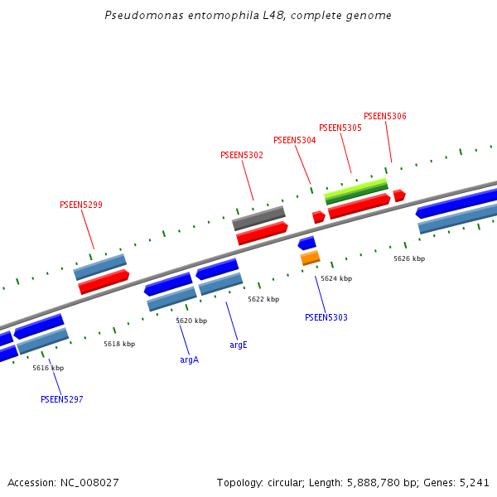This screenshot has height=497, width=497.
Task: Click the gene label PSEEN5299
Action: [81, 205]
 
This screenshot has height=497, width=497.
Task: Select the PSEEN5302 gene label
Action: [242, 155]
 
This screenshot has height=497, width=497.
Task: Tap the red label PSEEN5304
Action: [294, 140]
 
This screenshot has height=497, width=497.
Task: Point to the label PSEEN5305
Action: [340, 128]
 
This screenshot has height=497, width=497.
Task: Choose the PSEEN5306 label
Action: [385, 116]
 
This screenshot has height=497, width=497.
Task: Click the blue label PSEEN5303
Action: [326, 317]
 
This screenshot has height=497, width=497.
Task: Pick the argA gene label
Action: [190, 359]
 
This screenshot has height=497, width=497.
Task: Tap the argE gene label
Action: [239, 345]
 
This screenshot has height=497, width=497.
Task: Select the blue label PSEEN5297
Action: [62, 399]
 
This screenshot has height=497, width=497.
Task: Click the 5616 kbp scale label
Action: [48, 368]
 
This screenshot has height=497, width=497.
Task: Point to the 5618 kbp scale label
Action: [119, 344]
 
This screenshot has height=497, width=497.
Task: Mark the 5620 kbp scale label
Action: [191, 321]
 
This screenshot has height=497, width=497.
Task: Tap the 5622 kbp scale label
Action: [263, 299]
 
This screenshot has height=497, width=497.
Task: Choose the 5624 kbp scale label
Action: [336, 279]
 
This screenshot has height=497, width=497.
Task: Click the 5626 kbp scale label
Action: [409, 258]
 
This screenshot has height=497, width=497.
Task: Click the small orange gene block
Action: [310, 258]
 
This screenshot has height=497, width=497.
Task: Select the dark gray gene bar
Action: [258, 219]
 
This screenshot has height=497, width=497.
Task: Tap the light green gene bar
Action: [356, 186]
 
